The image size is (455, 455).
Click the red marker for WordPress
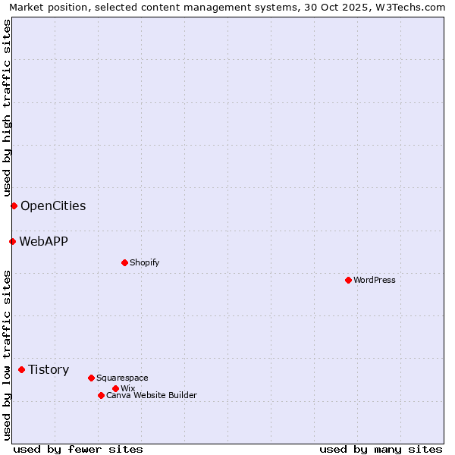pyautogui.click(x=348, y=280)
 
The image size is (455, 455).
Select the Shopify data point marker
pyautogui.click(x=124, y=262)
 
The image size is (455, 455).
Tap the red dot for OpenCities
pyautogui.click(x=14, y=206)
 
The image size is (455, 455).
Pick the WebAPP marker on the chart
pyautogui.click(x=12, y=241)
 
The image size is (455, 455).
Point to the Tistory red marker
pyautogui.click(x=21, y=369)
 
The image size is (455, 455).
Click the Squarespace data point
pyautogui.click(x=91, y=378)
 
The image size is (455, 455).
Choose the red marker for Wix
pyautogui.click(x=115, y=388)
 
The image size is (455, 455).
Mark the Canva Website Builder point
pyautogui.click(x=101, y=395)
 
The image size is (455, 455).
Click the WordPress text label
pyautogui.click(x=375, y=280)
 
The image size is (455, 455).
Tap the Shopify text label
pyautogui.click(x=144, y=262)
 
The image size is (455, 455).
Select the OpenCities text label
pyautogui.click(x=53, y=206)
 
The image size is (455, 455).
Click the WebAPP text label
pyautogui.click(x=43, y=241)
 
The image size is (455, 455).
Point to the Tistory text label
pyautogui.click(x=49, y=369)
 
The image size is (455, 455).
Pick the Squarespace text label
pyautogui.click(x=122, y=378)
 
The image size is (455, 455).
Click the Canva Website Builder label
pyautogui.click(x=152, y=395)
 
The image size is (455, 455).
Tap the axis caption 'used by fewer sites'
pyautogui.click(x=78, y=449)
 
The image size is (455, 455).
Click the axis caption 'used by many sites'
pyautogui.click(x=381, y=449)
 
